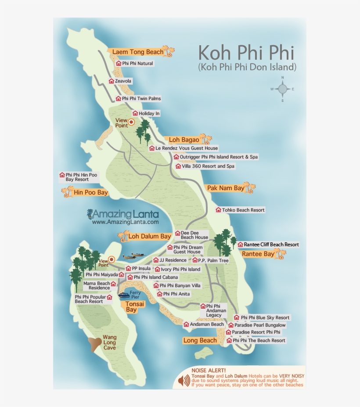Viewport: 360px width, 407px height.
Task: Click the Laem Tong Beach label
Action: click(x=137, y=52)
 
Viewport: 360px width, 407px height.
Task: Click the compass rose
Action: click(x=282, y=90)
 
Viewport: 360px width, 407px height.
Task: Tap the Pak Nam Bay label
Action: click(x=226, y=188)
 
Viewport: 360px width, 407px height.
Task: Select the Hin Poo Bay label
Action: click(x=90, y=192)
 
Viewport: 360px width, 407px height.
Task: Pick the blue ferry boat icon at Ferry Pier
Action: click(x=124, y=295)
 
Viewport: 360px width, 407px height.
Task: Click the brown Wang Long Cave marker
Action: click(x=95, y=344)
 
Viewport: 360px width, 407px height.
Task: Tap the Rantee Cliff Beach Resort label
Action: click(x=268, y=245)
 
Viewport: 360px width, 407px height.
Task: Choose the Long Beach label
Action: click(x=200, y=340)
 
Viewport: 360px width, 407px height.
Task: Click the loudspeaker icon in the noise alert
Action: click(x=184, y=381)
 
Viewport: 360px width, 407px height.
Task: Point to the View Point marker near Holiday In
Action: click(x=131, y=122)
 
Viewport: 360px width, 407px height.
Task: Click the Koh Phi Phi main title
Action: click(x=246, y=53)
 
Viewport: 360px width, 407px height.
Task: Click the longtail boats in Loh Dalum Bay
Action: click(x=134, y=256)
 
